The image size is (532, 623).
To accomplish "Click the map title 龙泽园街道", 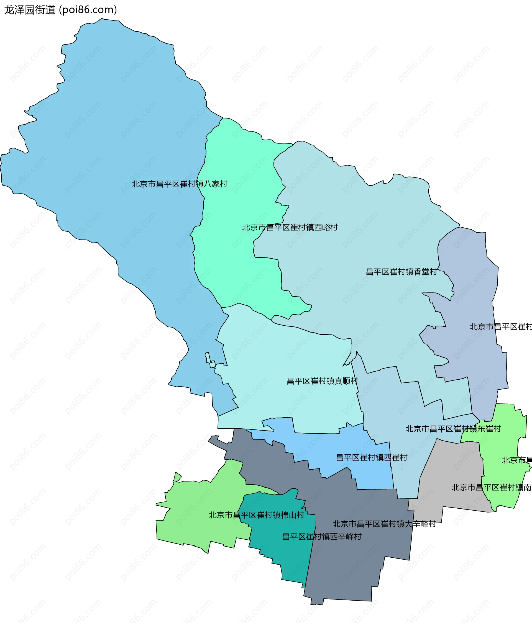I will (29, 10).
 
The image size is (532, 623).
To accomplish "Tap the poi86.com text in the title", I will (88, 10).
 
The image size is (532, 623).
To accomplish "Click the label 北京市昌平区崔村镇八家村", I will (179, 184).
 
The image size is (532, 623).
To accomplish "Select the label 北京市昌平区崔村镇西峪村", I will (290, 228).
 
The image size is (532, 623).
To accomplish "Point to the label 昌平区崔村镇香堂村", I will (401, 272).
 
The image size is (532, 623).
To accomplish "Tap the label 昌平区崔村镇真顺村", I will (322, 381).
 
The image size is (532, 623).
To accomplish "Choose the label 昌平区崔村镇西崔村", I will (371, 458).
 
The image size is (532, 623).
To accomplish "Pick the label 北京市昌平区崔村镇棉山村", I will (256, 515).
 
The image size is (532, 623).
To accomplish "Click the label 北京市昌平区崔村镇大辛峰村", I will (384, 524).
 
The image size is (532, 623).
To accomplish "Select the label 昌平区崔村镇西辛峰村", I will (321, 537).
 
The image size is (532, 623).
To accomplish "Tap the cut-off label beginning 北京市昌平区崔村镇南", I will (491, 487).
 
